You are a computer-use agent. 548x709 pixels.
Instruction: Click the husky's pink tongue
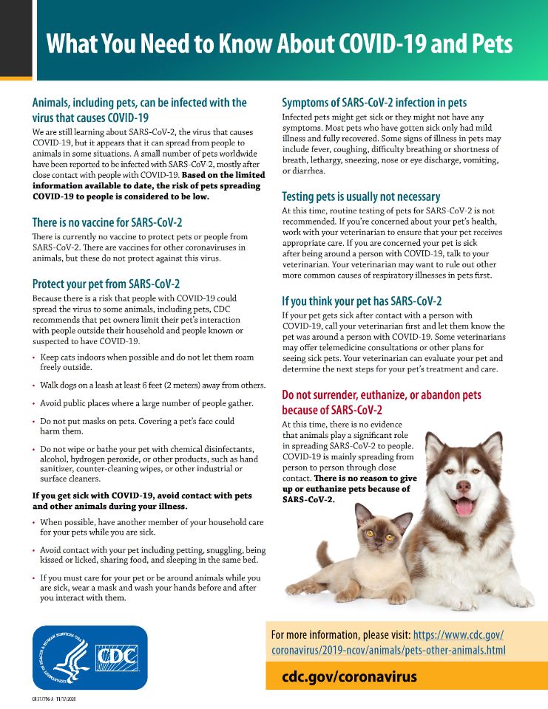pos(464,507)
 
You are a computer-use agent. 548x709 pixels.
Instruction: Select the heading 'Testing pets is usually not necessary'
pos(361,196)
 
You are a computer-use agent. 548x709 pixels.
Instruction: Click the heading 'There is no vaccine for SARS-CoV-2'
pos(107,222)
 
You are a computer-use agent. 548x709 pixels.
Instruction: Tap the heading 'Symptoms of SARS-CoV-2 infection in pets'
pos(374,103)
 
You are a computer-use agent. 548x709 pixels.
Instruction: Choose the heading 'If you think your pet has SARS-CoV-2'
pos(362,301)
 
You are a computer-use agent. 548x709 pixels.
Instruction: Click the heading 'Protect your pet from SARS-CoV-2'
pos(106,284)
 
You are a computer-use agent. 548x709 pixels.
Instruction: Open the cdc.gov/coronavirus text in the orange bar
pos(349,677)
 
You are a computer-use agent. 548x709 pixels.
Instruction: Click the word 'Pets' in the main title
pos(487,44)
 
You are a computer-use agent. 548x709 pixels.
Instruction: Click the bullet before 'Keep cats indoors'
pos(34,357)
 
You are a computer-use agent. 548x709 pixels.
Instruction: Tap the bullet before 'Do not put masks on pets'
pos(34,421)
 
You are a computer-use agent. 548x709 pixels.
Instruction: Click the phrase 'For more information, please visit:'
pos(340,634)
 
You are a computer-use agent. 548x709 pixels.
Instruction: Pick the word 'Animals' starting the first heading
pos(54,103)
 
